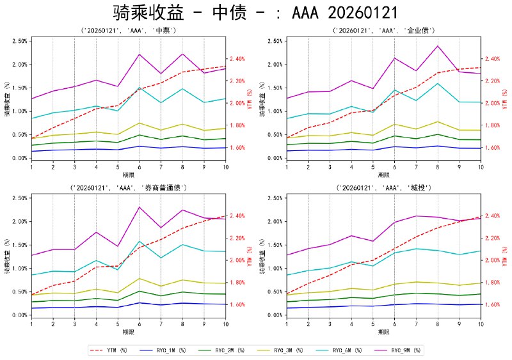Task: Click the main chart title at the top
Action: [256, 13]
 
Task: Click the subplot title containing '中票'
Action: [128, 30]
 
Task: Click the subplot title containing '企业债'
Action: [383, 30]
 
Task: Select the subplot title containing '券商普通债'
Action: [128, 187]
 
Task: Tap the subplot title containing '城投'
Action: [383, 187]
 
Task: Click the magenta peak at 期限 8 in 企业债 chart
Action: [438, 46]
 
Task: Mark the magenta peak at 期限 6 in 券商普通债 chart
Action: [139, 207]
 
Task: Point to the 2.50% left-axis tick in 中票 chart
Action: [19, 41]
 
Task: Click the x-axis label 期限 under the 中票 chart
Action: [128, 174]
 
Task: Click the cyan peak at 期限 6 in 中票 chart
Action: [139, 88]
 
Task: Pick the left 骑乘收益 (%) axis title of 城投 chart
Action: [263, 260]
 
